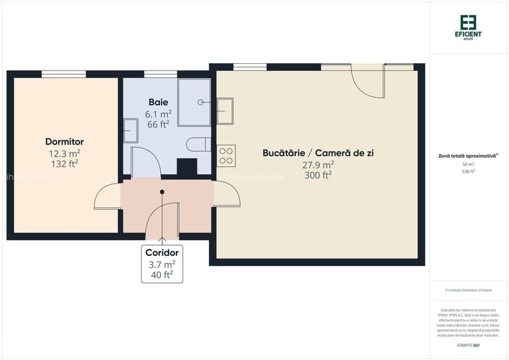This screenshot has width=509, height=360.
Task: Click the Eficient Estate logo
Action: (x=471, y=26)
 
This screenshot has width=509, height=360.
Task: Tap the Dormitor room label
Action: (x=64, y=142)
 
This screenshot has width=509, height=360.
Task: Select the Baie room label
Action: (x=158, y=102)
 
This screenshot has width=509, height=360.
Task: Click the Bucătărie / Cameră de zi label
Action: (x=318, y=153)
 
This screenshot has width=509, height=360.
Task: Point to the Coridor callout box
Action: (x=162, y=264)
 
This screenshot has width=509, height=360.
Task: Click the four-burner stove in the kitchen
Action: (x=226, y=155)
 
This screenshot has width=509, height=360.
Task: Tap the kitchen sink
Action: (x=225, y=111)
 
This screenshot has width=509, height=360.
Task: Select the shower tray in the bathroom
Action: (x=194, y=102)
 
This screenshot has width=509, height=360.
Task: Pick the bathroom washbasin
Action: (x=130, y=131)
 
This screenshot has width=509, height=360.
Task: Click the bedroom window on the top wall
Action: (x=64, y=74)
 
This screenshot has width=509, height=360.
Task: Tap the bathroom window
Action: (x=160, y=74)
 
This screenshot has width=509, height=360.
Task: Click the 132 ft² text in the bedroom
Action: (x=64, y=164)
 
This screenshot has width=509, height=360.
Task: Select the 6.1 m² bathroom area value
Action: (x=158, y=114)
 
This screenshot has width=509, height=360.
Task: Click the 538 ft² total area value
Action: (x=468, y=172)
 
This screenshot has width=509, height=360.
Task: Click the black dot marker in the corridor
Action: (x=162, y=192)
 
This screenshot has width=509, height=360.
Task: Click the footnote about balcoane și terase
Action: (x=468, y=290)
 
